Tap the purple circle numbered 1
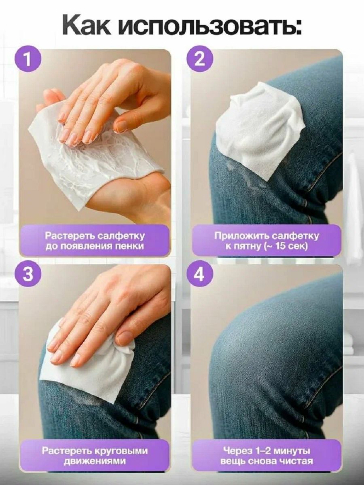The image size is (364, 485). (28, 59)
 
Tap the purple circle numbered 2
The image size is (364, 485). (200, 60)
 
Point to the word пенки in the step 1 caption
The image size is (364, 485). (130, 246)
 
